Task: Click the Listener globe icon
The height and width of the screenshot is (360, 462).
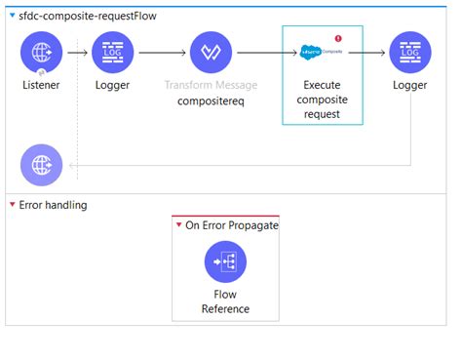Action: click(x=41, y=52)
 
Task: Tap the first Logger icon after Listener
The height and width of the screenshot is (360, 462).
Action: click(x=113, y=52)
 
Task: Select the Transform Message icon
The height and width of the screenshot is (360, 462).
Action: click(x=210, y=53)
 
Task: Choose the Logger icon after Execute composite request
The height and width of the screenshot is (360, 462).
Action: click(x=409, y=52)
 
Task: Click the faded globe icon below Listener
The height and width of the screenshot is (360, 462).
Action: click(x=41, y=164)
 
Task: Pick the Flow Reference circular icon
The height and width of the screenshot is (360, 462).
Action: click(x=225, y=261)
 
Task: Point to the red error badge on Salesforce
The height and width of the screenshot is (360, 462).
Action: click(x=338, y=38)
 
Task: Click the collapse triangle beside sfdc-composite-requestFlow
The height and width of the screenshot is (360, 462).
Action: click(x=11, y=16)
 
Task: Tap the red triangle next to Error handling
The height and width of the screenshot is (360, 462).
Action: click(x=11, y=205)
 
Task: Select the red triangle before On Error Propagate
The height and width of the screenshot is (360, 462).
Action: click(x=178, y=225)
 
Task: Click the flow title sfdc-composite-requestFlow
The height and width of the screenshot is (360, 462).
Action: click(x=88, y=16)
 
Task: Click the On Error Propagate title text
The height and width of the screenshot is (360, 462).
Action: click(x=232, y=225)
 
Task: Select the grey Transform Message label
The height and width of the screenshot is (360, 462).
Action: click(x=210, y=85)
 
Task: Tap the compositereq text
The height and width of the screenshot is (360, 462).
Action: click(x=210, y=100)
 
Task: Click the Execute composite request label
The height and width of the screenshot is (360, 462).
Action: click(x=323, y=100)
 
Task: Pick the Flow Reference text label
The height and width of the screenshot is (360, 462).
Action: click(x=225, y=301)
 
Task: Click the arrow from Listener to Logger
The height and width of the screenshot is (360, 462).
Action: click(x=77, y=52)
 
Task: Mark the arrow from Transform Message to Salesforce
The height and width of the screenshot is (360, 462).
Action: click(x=258, y=53)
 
